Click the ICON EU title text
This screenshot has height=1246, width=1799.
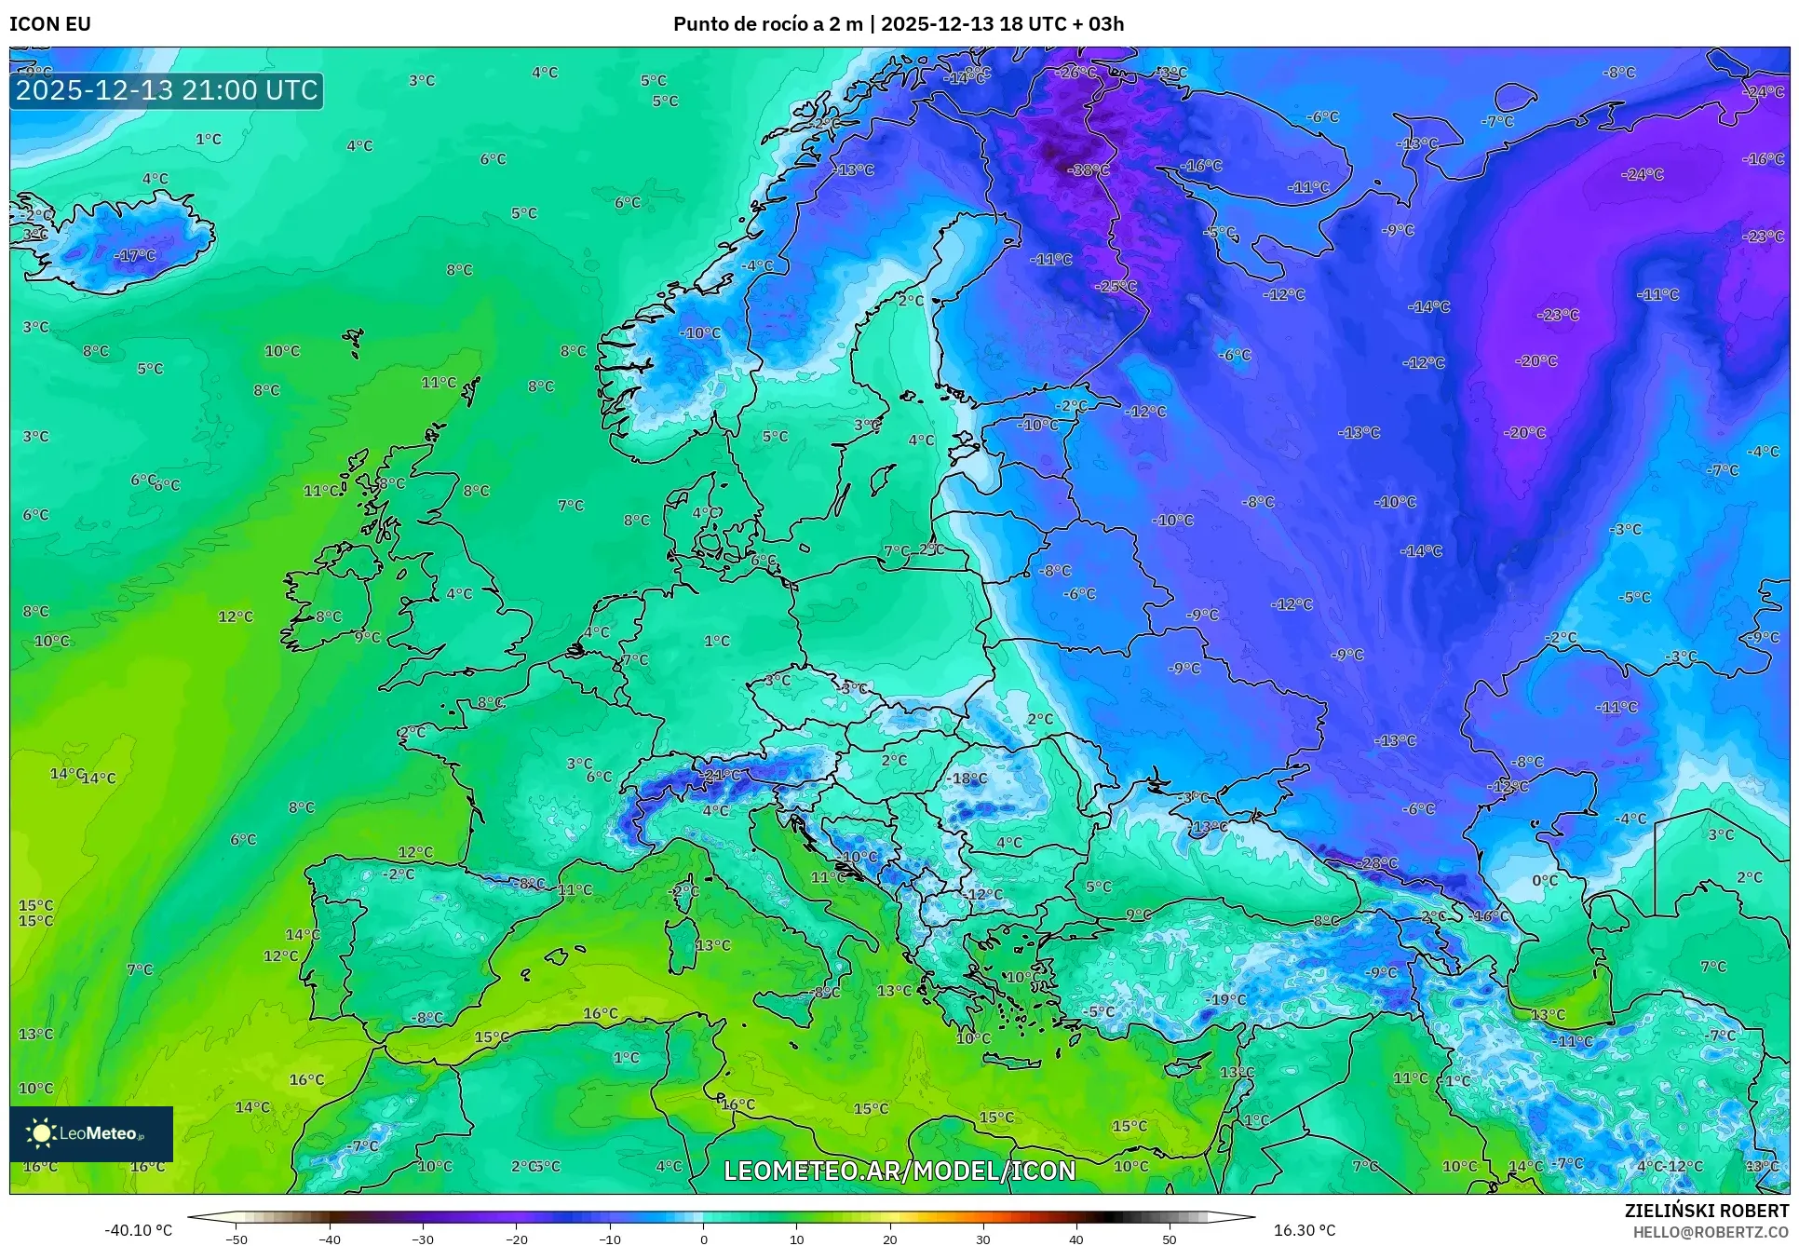[x=50, y=24]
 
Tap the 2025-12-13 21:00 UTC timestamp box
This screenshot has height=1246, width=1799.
[x=167, y=90]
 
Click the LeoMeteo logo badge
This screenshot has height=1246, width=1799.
[x=91, y=1133]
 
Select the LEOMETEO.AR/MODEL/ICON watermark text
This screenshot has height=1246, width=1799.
[x=899, y=1171]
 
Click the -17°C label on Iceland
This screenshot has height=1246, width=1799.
[x=135, y=255]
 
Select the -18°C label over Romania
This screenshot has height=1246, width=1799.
[x=967, y=779]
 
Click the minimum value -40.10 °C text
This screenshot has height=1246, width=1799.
[x=138, y=1230]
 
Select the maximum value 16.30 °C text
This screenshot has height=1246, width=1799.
[x=1304, y=1230]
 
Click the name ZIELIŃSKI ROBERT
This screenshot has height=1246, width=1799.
[x=1707, y=1212]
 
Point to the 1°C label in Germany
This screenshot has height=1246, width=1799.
[x=717, y=641]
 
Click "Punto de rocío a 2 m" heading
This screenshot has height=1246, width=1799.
[x=768, y=24]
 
